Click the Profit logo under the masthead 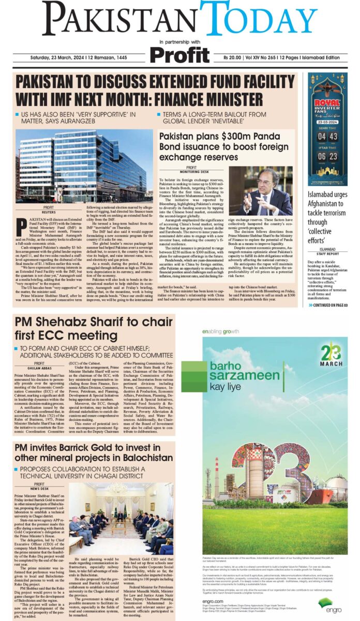tap(179, 53)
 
